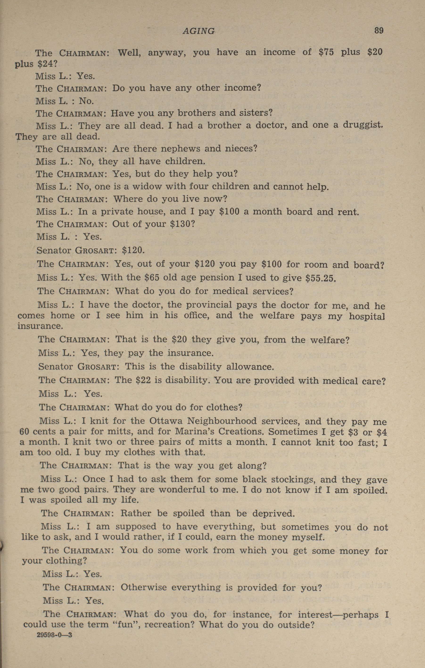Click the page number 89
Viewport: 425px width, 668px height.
[x=379, y=30]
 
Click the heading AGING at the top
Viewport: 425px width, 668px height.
[x=199, y=31]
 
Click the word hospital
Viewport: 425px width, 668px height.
[x=367, y=316]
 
